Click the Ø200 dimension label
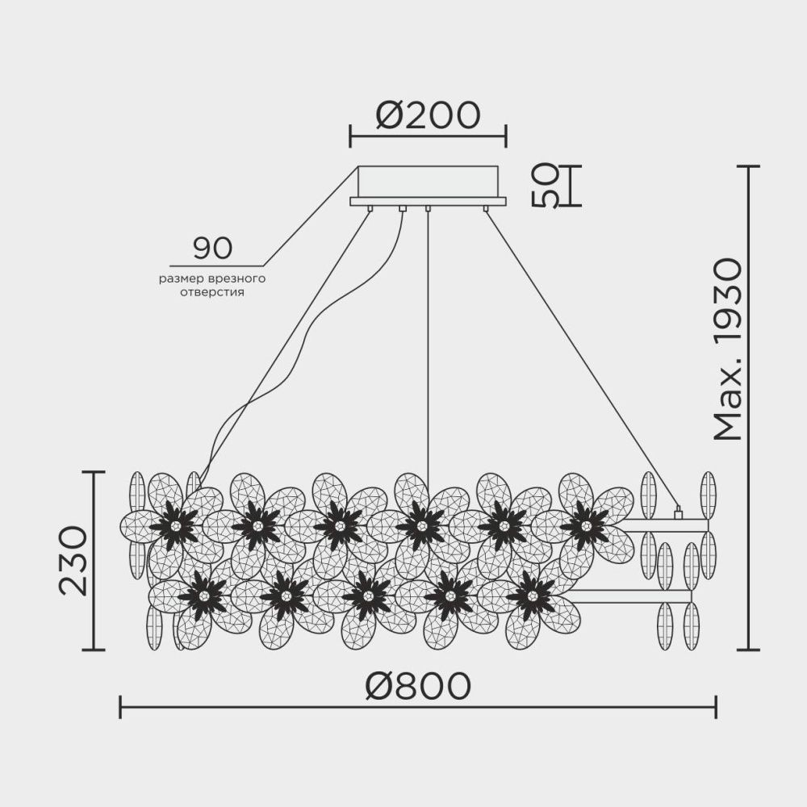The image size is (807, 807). tap(428, 117)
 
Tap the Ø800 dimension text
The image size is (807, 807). tap(417, 687)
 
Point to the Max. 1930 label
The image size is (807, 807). tap(728, 349)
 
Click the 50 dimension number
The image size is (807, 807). tap(546, 186)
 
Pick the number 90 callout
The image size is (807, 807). tap(212, 249)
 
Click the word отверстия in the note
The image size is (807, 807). tap(213, 292)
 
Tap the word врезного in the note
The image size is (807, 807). tap(240, 278)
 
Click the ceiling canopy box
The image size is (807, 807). tap(428, 182)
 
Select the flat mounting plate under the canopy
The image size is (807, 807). tap(428, 201)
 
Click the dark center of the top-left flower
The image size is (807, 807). tap(174, 525)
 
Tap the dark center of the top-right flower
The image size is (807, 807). tap(584, 525)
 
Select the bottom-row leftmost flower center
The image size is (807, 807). tap(202, 596)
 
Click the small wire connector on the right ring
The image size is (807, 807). tap(678, 511)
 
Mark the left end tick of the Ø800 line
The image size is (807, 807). tap(120, 708)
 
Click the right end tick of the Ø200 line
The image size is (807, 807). tap(506, 136)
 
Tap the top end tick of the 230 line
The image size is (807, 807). tap(94, 472)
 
